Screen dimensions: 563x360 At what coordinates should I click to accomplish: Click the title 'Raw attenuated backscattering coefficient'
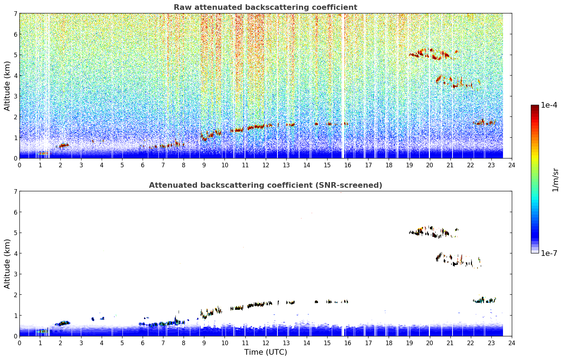pos(265,7)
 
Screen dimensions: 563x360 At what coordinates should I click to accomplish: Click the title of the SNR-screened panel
pos(265,185)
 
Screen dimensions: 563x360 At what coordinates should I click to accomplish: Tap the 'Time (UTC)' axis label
pos(265,352)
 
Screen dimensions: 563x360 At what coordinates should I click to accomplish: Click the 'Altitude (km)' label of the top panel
pos(7,86)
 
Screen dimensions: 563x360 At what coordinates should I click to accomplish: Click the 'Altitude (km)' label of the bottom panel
pos(7,264)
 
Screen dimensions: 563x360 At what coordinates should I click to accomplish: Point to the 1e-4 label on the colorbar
pos(549,105)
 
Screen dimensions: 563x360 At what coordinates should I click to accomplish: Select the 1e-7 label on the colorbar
pos(549,253)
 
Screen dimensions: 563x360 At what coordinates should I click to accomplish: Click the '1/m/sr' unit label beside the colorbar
pos(556,180)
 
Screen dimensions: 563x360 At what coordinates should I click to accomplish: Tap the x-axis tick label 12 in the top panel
pos(266,165)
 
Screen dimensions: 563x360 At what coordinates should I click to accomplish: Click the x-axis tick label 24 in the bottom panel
pos(512,343)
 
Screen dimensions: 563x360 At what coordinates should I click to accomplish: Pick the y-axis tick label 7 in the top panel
pos(16,13)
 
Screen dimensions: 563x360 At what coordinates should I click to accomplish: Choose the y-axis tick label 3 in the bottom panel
pos(16,274)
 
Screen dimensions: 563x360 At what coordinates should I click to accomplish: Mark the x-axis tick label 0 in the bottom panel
pos(20,343)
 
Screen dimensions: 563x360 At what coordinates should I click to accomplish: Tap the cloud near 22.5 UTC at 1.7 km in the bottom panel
pos(484,300)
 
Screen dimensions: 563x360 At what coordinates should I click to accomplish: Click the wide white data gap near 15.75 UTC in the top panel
pos(343,85)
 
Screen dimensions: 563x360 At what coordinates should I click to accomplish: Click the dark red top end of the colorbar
pos(535,107)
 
